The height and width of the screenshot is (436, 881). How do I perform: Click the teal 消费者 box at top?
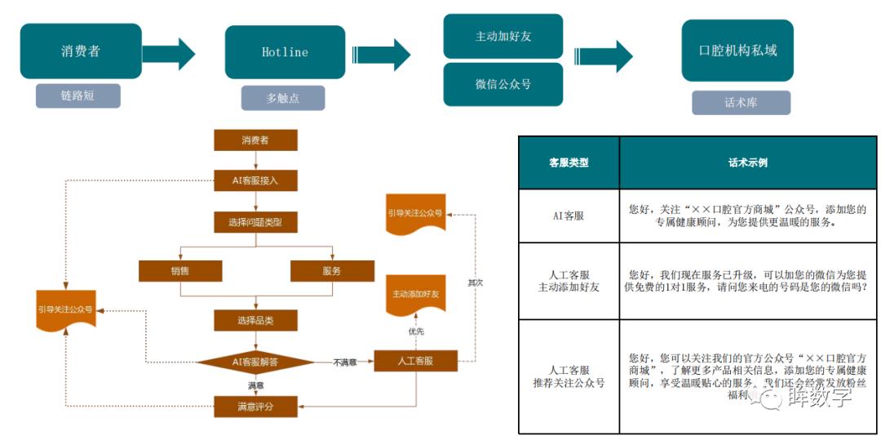point(80,51)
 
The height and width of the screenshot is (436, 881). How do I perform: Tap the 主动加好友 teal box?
point(503,37)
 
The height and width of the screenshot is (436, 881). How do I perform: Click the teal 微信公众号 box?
point(503,84)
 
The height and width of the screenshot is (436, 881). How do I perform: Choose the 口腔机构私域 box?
point(737,51)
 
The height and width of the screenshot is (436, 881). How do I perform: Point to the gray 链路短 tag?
point(77,96)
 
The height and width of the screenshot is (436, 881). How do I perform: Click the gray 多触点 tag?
point(283,98)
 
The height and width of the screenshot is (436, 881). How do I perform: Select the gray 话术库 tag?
point(741,103)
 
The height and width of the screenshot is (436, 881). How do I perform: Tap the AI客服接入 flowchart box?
point(255,180)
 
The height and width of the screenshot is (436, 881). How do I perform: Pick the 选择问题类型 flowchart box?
point(255,222)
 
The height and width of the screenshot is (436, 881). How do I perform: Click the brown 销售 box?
point(180,271)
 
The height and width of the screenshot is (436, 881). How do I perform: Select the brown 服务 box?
point(332,271)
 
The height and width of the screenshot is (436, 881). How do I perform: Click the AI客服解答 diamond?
point(255,361)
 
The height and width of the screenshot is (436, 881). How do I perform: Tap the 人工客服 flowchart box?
point(415,361)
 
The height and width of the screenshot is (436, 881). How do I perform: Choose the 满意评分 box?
point(255,405)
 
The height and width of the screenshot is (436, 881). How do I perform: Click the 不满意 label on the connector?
point(344,362)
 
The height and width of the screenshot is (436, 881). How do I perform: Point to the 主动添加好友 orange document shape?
point(415,294)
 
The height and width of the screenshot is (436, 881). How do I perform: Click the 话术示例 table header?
point(747,162)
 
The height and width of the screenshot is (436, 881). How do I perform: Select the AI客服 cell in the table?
point(569,216)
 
